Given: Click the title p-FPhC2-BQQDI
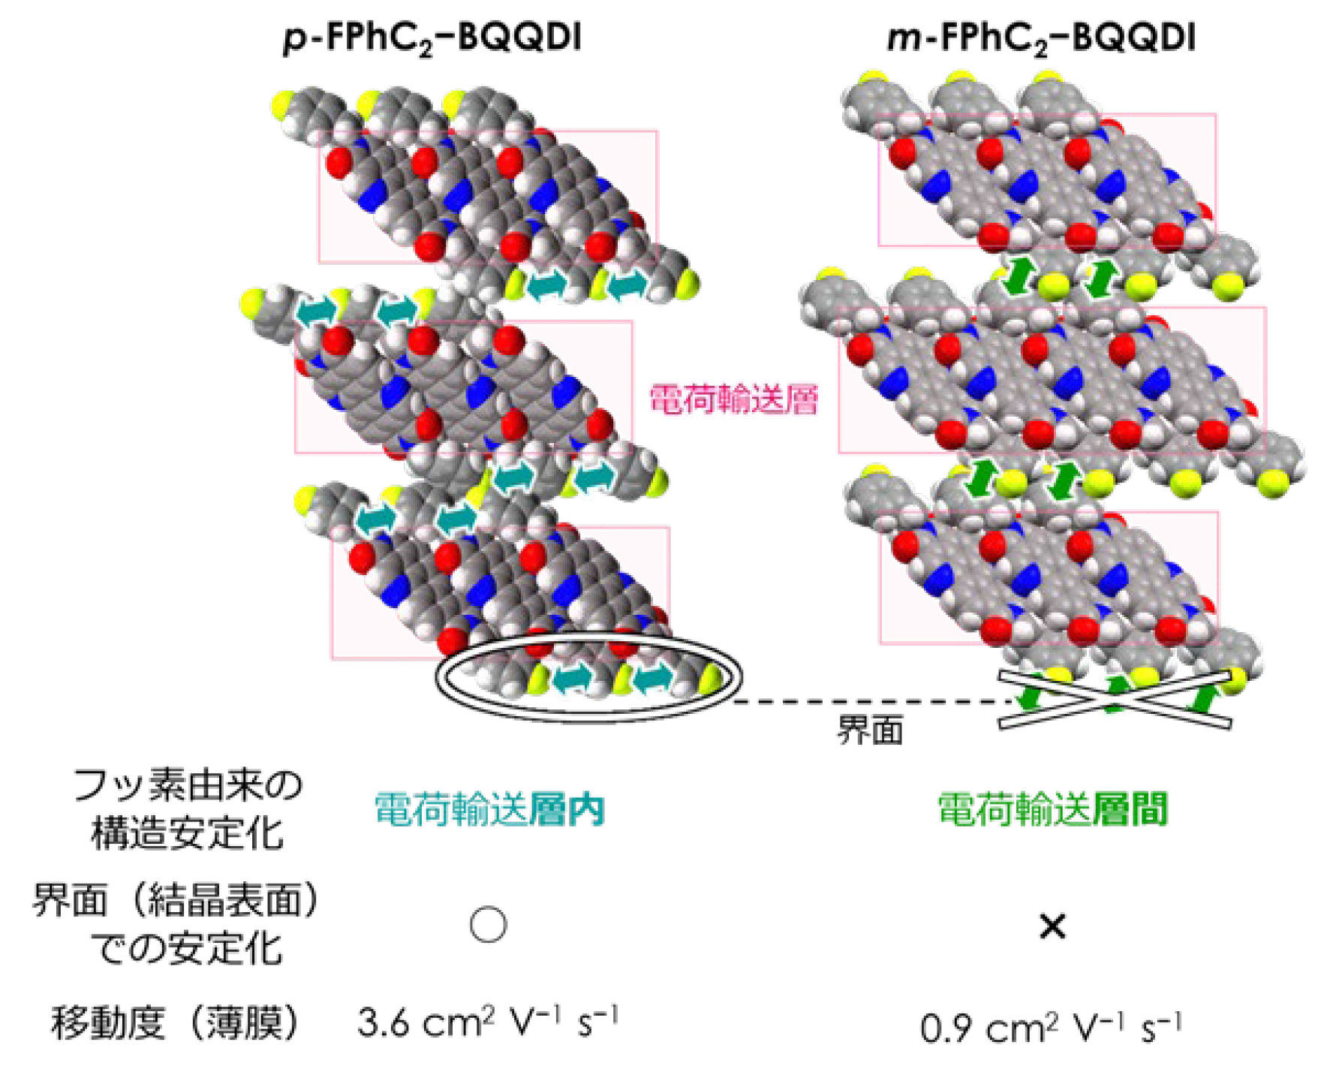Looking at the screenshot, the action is tap(433, 38).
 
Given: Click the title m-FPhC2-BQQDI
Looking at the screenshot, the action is tap(1041, 38).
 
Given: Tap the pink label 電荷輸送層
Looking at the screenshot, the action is tap(733, 399).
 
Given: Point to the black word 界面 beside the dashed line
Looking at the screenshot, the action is tap(870, 730).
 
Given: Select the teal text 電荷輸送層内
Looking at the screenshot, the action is tap(489, 809).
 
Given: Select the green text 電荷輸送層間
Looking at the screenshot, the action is tap(1052, 809).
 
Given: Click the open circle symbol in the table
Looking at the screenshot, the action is tap(488, 924).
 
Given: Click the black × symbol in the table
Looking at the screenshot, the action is tap(1052, 926).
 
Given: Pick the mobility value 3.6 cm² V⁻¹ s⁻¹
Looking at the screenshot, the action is tap(488, 1022).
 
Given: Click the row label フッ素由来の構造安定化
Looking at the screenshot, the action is tap(188, 809).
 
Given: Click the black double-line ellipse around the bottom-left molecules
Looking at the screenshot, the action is tap(589, 721).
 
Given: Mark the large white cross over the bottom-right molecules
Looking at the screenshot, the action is tap(1115, 700).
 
